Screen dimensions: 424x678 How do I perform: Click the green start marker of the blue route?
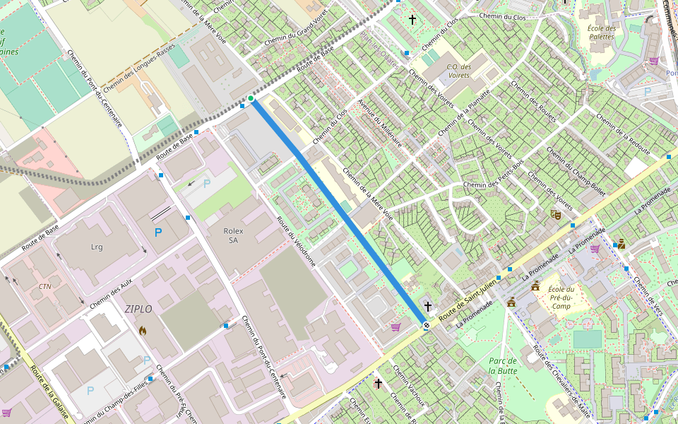[x=251, y=98]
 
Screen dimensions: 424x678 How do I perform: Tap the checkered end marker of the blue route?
[x=426, y=325]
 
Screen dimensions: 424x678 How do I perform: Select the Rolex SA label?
[x=233, y=235]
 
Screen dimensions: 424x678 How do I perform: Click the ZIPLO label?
[x=138, y=309]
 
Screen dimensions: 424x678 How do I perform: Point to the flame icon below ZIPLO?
[x=143, y=330]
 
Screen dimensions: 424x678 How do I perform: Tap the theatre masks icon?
[x=556, y=213]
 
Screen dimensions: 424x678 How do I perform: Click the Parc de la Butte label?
[x=503, y=365]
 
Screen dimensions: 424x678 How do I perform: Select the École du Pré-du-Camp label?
[x=561, y=297]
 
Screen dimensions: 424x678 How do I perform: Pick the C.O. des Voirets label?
[x=459, y=71]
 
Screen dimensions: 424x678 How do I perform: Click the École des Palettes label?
[x=602, y=33]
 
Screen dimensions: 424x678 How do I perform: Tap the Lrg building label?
[x=97, y=247]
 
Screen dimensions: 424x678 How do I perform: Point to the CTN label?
[x=45, y=286]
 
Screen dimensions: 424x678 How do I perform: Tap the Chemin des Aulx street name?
[x=111, y=294]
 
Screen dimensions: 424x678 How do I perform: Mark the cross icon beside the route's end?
[x=428, y=307]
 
